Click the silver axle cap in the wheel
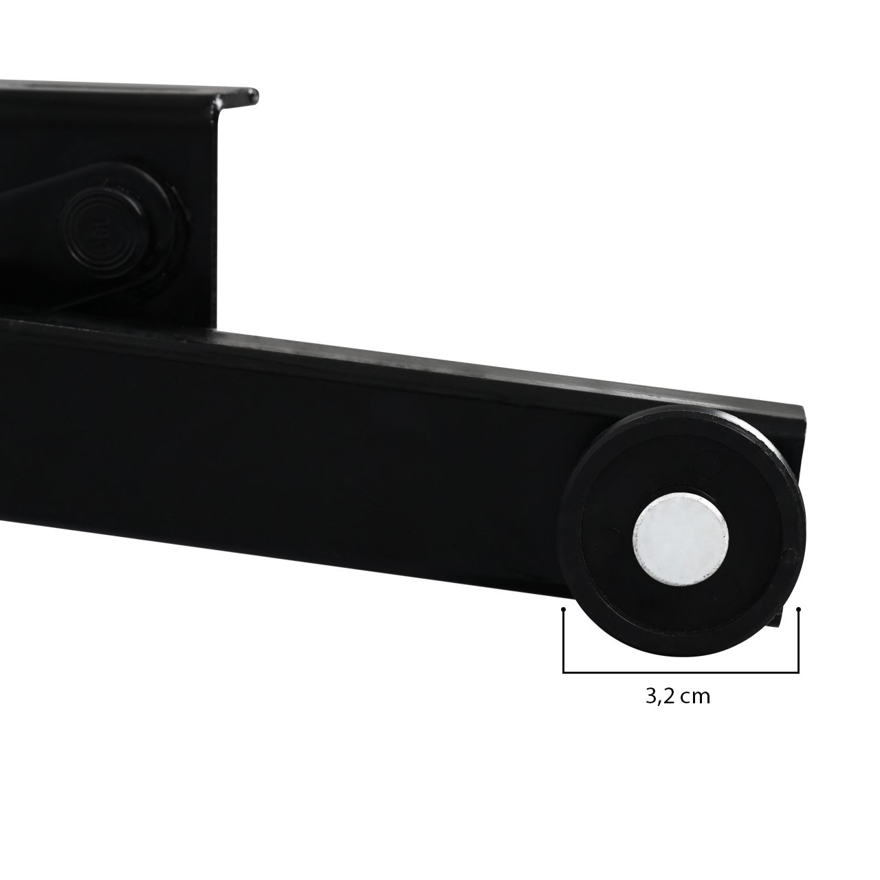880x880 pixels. click(681, 539)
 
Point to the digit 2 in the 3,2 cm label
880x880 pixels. click(668, 696)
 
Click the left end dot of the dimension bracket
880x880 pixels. click(564, 609)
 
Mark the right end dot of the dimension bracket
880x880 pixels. click(798, 608)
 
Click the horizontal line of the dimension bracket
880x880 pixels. click(681, 672)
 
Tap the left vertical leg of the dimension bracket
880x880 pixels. click(564, 640)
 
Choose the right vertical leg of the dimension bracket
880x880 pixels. click(798, 640)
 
